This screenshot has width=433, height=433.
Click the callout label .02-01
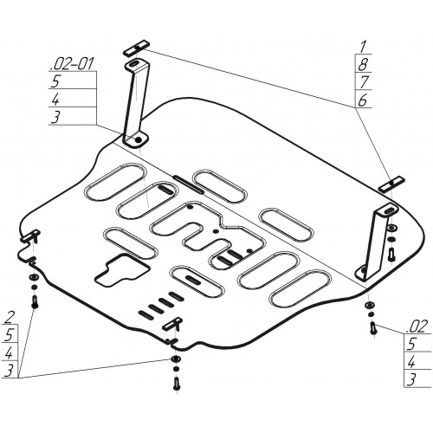[72, 64]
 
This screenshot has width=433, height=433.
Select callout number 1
[363, 48]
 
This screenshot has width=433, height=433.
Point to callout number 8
[363, 65]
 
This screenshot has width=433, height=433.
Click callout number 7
[364, 82]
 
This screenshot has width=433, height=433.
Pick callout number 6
[363, 100]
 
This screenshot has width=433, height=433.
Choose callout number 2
[9, 318]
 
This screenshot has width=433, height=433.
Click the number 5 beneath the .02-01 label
[55, 81]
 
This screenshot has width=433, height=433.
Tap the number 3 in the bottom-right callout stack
[411, 379]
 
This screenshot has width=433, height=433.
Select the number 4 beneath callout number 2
[9, 352]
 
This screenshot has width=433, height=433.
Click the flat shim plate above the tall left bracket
[137, 48]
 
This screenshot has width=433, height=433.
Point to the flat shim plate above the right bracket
[391, 184]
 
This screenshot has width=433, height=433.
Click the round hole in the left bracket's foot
[139, 139]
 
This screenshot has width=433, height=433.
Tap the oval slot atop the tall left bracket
[133, 64]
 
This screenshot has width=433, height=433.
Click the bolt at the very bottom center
[177, 384]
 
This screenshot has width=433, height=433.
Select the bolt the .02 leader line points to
[373, 329]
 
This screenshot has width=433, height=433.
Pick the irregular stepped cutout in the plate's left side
[122, 270]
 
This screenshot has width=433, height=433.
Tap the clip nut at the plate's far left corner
[30, 236]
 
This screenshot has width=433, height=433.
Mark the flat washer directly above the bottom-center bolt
[176, 359]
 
